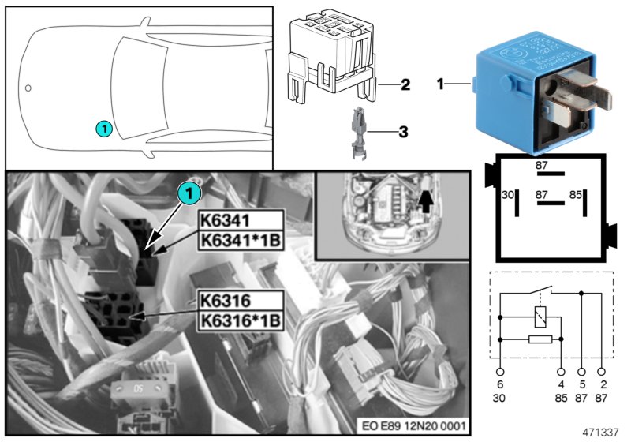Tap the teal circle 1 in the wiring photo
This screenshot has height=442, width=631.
pos(189,190)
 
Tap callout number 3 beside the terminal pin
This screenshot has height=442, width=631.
pos(402,132)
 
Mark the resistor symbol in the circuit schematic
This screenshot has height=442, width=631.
pos(540,339)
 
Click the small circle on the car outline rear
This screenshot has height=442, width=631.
pos(28,88)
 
